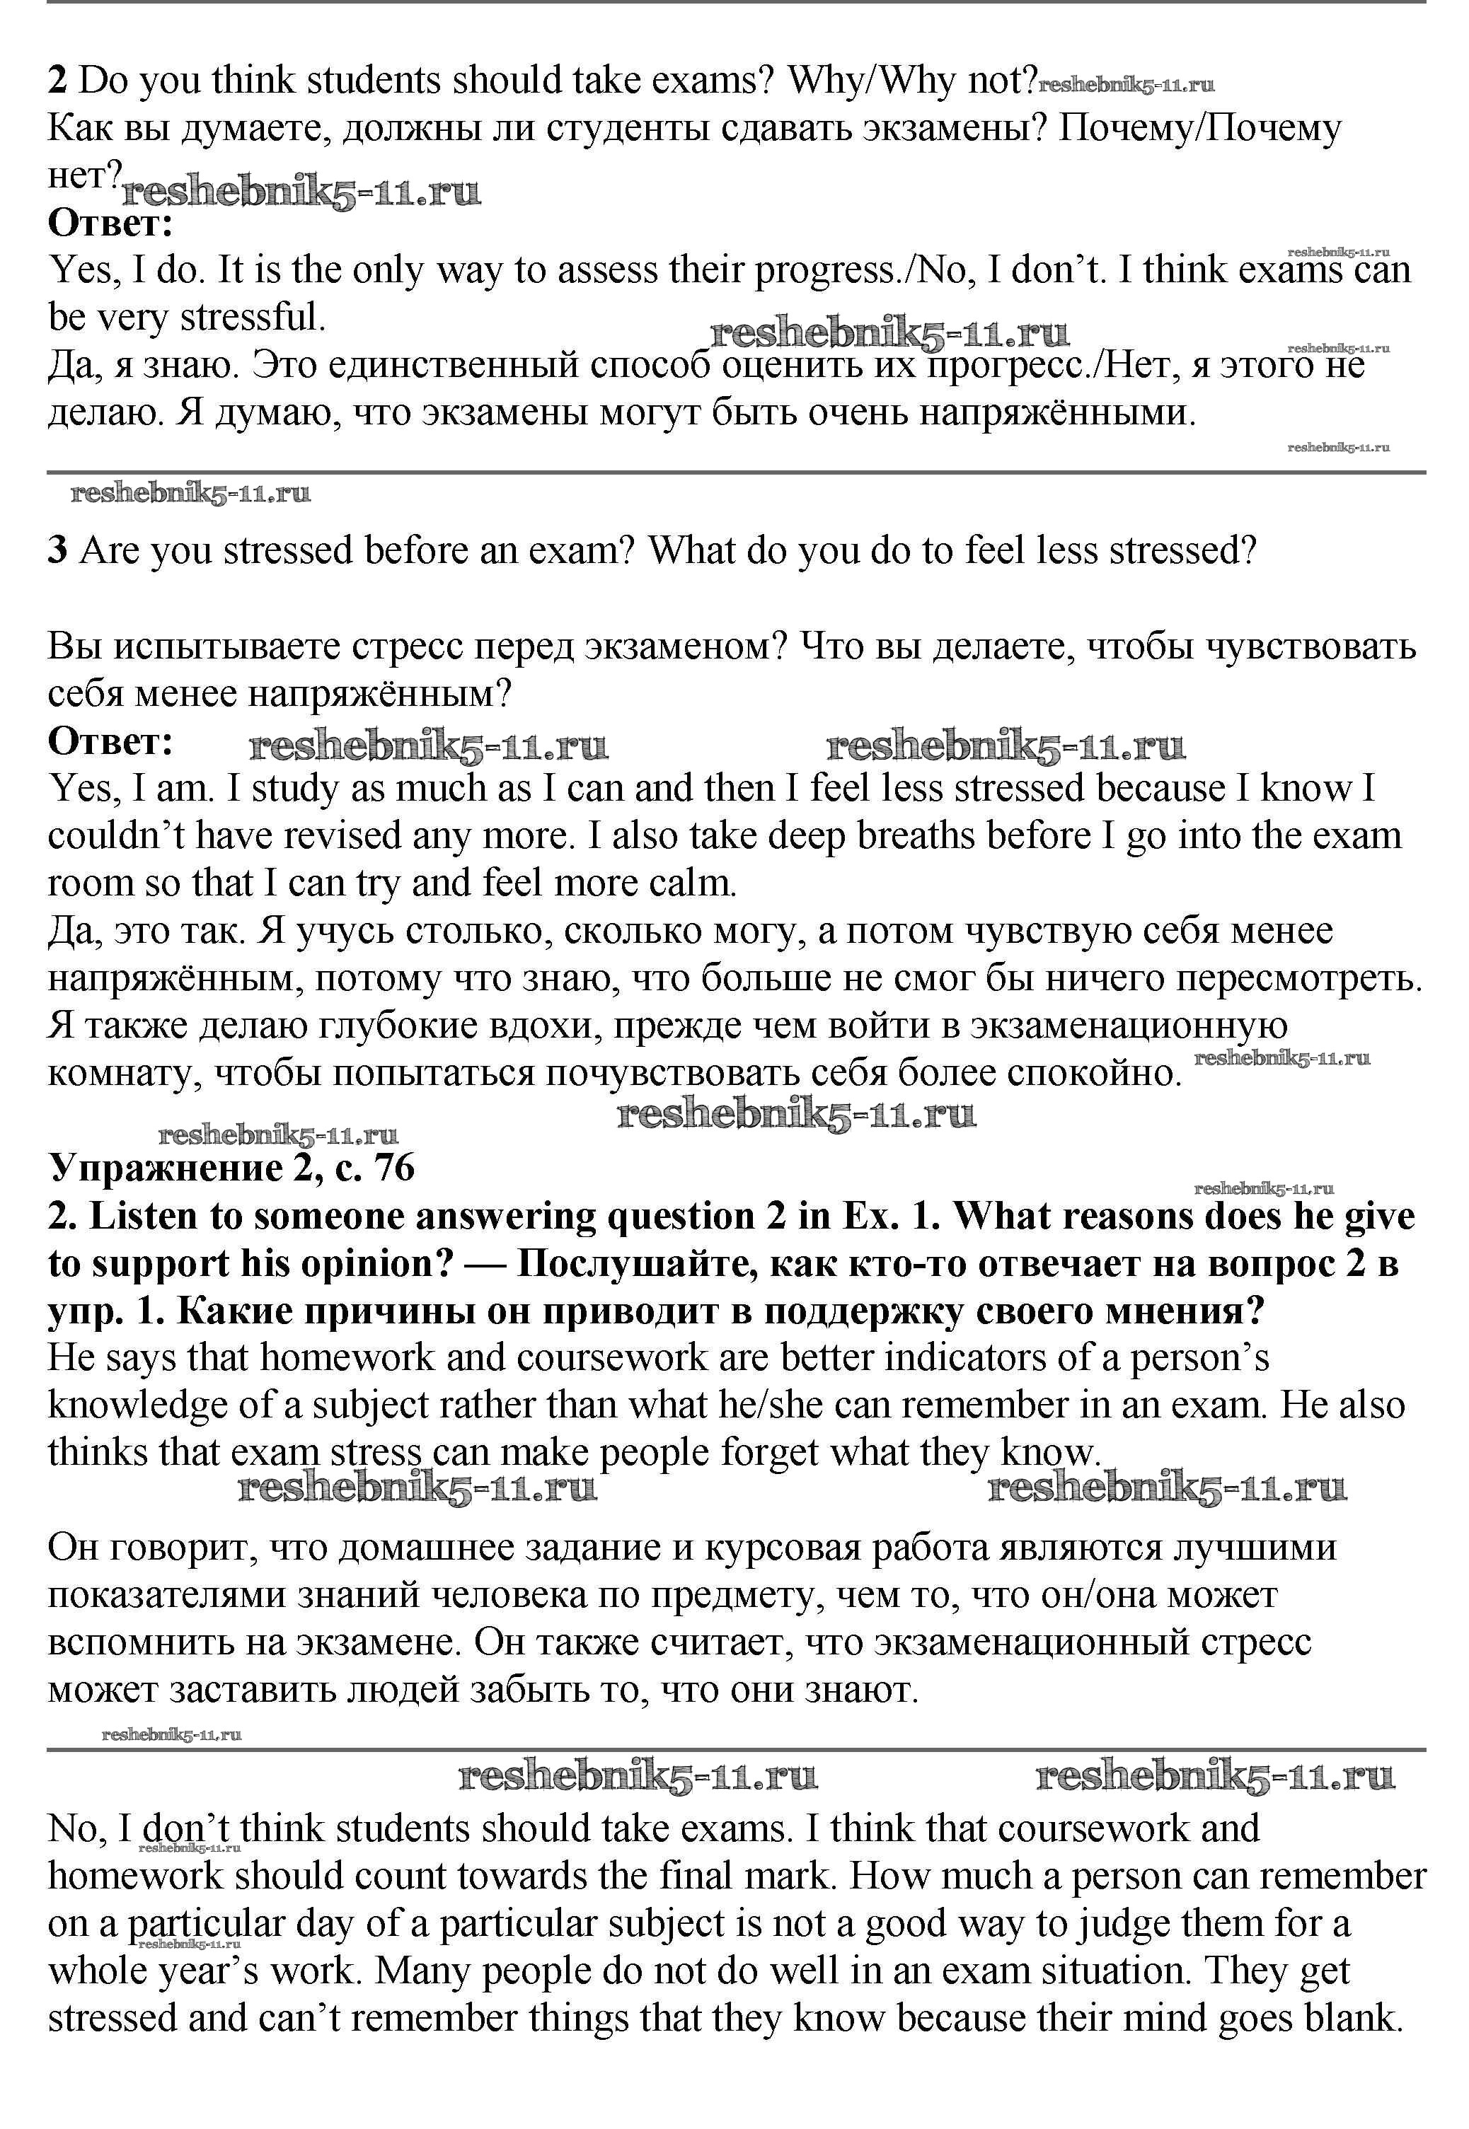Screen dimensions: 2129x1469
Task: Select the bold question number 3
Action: coord(57,551)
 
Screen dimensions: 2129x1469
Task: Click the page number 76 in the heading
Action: coord(395,1168)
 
